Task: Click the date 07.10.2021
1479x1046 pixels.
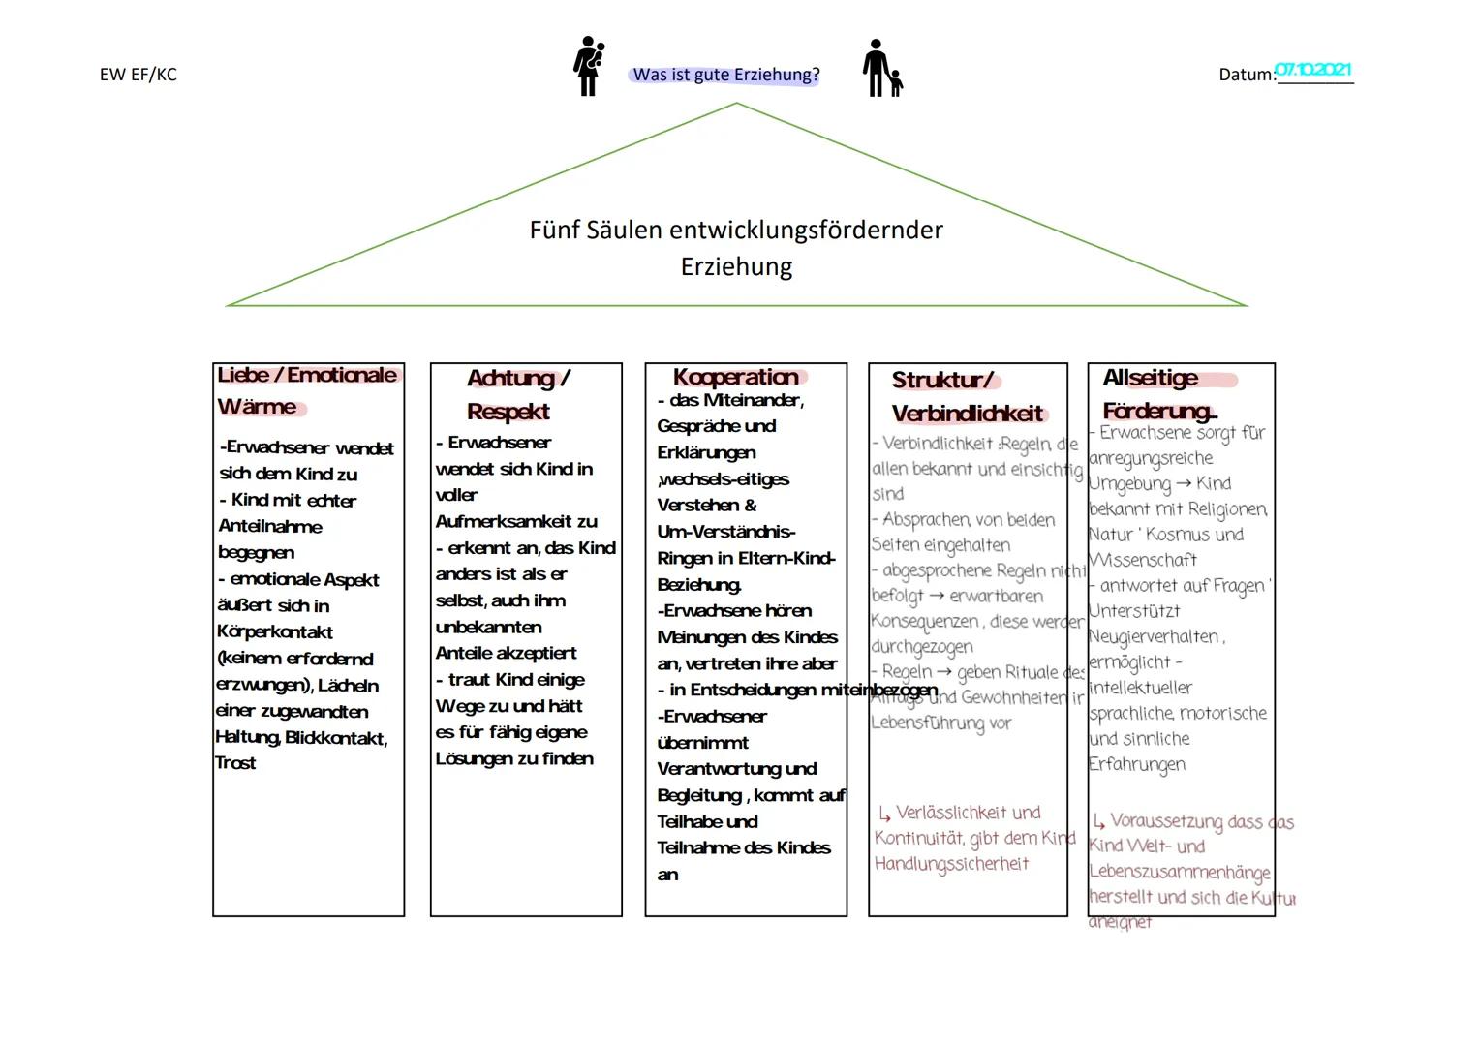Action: pos(1313,70)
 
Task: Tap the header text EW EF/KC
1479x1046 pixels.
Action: pos(138,75)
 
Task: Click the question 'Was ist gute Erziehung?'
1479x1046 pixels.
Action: pos(725,75)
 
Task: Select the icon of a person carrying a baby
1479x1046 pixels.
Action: pos(589,66)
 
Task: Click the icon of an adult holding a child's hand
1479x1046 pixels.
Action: pos(882,69)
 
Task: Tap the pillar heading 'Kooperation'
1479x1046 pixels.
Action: pos(736,377)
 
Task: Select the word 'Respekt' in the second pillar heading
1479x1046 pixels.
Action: pos(508,412)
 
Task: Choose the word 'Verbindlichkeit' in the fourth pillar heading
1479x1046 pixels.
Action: pos(967,415)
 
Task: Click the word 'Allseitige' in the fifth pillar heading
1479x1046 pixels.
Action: pos(1150,378)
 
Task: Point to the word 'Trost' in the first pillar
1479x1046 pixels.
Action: pos(235,763)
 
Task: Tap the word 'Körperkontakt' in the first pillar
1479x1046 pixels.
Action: pos(275,632)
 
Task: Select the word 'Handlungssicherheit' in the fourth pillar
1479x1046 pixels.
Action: pos(951,864)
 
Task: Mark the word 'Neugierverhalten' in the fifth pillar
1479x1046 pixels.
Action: pos(1153,636)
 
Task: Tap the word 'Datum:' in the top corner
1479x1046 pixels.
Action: pos(1247,75)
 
